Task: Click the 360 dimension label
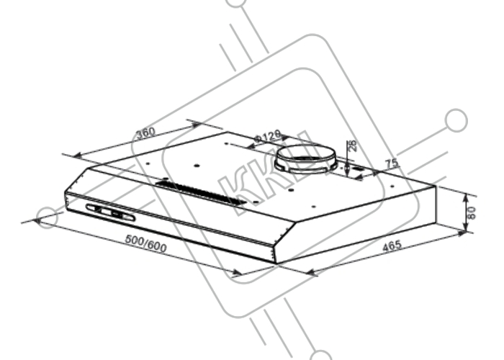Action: (x=145, y=132)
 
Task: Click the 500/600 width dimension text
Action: (x=145, y=243)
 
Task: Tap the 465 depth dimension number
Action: (x=392, y=246)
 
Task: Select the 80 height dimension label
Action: (x=471, y=213)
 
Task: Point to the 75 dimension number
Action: (x=392, y=163)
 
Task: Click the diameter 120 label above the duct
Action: (x=267, y=136)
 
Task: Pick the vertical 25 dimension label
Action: (x=352, y=146)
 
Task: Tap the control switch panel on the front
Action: (x=110, y=212)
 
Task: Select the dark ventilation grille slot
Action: (x=201, y=193)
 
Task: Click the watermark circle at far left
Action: (x=48, y=217)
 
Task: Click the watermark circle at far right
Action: (x=456, y=120)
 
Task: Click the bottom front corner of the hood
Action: (x=276, y=264)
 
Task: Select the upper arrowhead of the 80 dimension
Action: (x=466, y=198)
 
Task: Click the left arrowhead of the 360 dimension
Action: (x=76, y=156)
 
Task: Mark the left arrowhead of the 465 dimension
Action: (x=309, y=272)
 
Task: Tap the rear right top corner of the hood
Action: (x=436, y=186)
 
